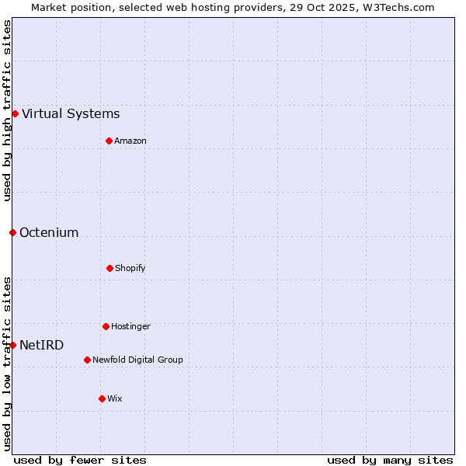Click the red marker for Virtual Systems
tap(15, 113)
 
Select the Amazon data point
tap(109, 141)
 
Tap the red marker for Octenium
tap(12, 232)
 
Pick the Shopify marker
tap(110, 268)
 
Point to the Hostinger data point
tap(106, 326)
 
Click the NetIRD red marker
tap(12, 345)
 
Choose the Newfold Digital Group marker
tap(87, 360)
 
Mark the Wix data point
tap(102, 398)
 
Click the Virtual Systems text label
tap(71, 113)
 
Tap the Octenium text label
tap(49, 232)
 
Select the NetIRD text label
tap(42, 345)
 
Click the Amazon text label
tap(130, 141)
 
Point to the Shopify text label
tap(130, 268)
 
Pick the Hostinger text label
tap(130, 326)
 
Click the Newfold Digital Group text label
tap(137, 360)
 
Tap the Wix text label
tap(115, 398)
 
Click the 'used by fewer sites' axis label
tap(80, 460)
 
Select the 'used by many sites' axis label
tap(390, 460)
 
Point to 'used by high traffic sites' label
tap(7, 110)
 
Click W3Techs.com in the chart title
tap(396, 7)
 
